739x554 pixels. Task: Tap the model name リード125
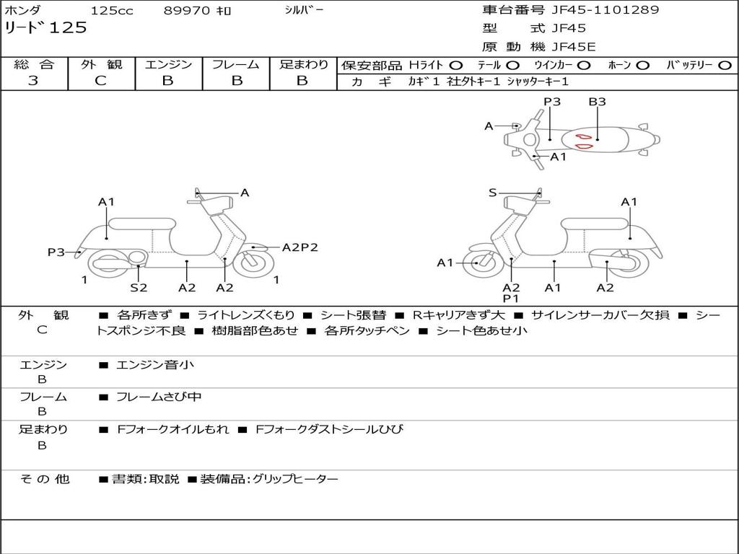[45, 28]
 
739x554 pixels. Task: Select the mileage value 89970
[187, 11]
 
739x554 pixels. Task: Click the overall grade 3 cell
[33, 81]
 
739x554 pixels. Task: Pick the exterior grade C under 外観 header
[101, 81]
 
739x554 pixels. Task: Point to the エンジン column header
[168, 64]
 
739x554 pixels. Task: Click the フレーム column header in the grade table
[235, 64]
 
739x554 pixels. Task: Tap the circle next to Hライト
[456, 66]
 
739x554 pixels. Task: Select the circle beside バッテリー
[725, 66]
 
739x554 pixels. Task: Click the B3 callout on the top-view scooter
[597, 102]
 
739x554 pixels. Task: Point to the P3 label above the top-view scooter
[552, 102]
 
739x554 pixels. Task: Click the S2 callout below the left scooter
[139, 288]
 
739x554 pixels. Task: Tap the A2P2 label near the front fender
[299, 247]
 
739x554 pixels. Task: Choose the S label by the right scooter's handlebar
[492, 193]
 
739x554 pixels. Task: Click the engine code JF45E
[574, 47]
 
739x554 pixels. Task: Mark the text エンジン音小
[155, 365]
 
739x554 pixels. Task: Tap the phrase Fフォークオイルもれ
[173, 429]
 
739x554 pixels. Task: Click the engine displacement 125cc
[112, 11]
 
